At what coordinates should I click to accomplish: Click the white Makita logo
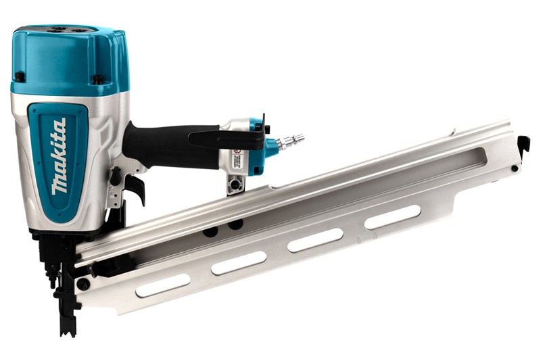(x=59, y=157)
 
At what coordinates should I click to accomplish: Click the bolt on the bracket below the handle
(x=235, y=183)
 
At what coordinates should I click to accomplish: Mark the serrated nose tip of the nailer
(x=68, y=325)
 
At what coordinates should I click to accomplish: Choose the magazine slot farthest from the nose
(x=392, y=216)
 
